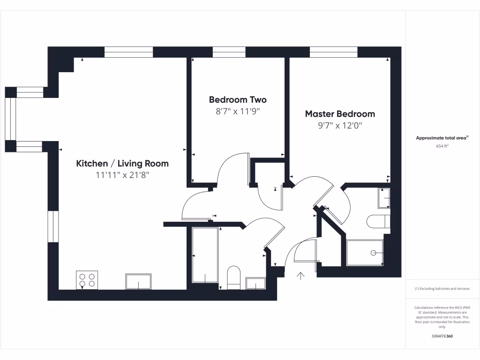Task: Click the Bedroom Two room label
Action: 238,99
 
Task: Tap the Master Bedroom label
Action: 340,113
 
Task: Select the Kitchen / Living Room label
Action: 122,164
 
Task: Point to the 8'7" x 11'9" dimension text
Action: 238,112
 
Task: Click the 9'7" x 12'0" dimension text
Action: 340,126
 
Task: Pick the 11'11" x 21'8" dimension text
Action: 122,175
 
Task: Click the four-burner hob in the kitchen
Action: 87,280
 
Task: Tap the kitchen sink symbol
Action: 138,282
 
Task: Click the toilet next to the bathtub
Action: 233,277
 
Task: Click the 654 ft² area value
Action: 442,146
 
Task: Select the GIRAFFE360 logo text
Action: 442,336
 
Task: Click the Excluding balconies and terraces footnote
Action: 442,289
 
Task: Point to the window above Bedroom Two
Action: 229,52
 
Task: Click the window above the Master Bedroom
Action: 334,52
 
